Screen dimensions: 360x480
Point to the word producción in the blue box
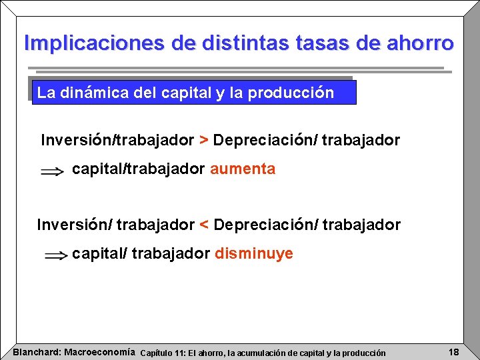pyautogui.click(x=291, y=93)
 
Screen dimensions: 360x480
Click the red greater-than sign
pyautogui.click(x=204, y=141)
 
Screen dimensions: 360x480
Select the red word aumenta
pyautogui.click(x=243, y=169)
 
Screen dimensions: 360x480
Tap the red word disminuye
pyautogui.click(x=253, y=254)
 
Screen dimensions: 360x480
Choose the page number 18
pyautogui.click(x=453, y=351)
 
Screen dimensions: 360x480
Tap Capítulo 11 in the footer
pyautogui.click(x=162, y=352)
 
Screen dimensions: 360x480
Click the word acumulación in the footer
pyautogui.click(x=269, y=352)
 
